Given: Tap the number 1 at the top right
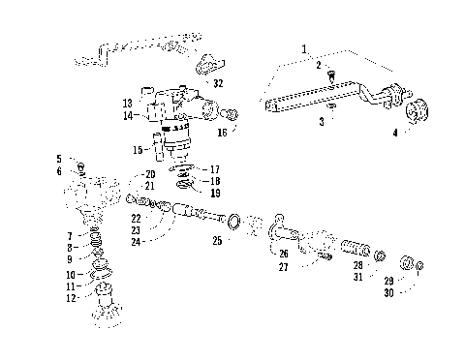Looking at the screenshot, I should tap(303, 47).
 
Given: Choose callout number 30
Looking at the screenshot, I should tap(387, 291).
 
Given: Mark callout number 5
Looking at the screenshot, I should tap(58, 159).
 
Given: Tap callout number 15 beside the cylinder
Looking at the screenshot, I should tap(139, 149).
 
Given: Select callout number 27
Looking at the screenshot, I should tap(283, 266).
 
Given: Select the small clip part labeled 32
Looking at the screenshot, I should tap(204, 65).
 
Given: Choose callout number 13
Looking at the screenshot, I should tap(127, 103).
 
